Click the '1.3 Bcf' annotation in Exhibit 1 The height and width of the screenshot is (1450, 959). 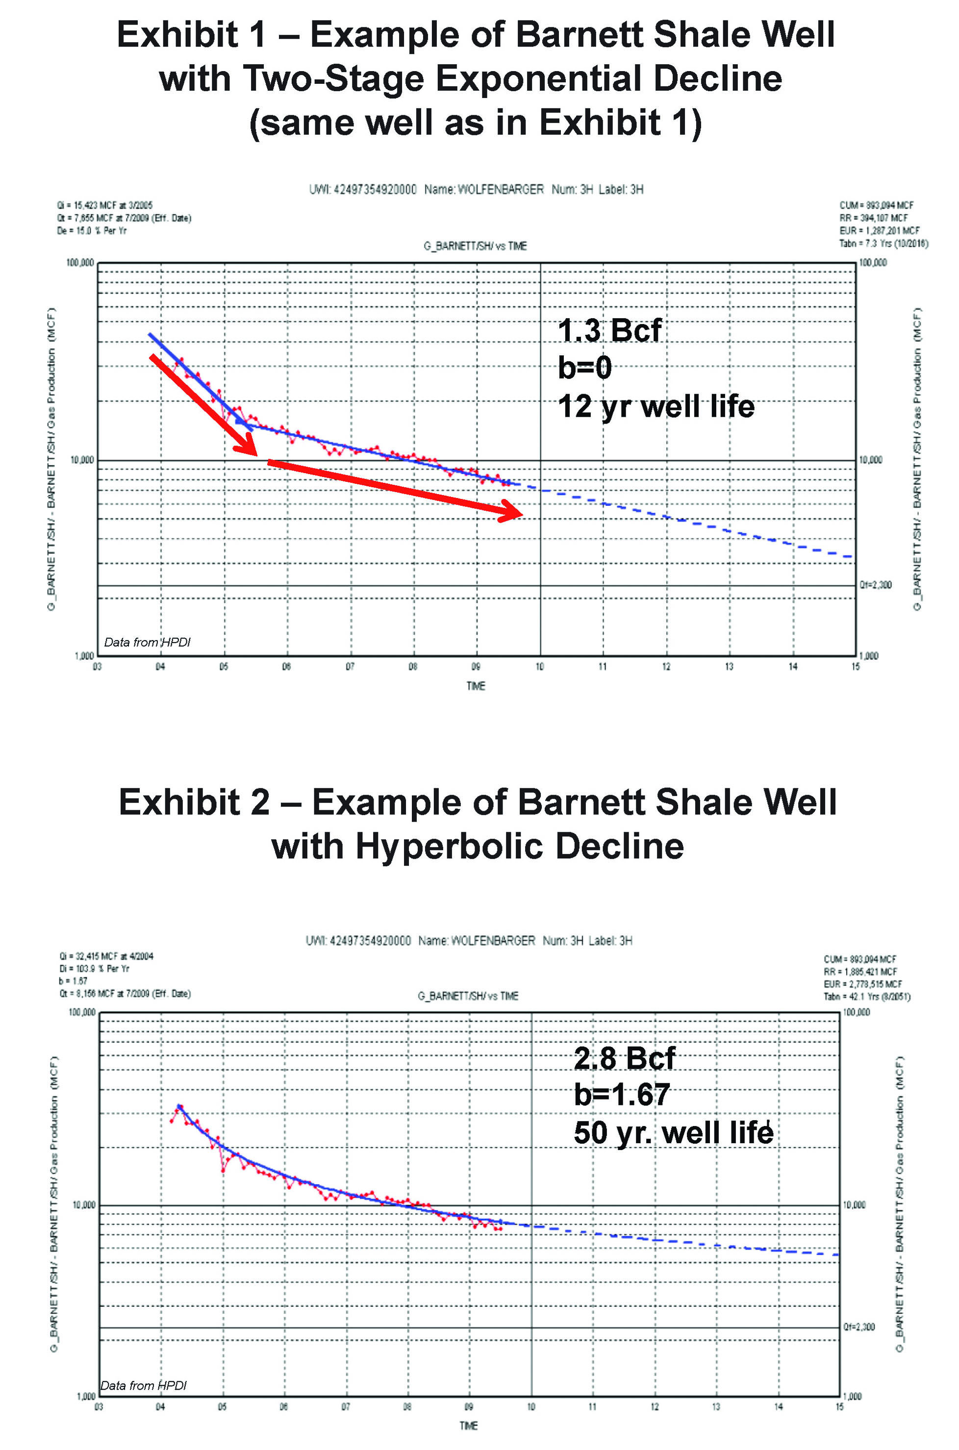609,331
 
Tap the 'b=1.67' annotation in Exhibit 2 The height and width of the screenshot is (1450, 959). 621,1094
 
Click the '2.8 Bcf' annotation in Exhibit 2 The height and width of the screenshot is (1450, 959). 624,1058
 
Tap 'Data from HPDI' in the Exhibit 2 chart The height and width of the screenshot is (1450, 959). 143,1385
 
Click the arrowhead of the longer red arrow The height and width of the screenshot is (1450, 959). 511,511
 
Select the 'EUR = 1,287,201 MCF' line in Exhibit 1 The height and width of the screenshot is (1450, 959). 879,230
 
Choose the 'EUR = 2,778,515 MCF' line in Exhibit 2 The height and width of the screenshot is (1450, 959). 863,984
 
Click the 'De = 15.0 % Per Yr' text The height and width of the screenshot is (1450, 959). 92,230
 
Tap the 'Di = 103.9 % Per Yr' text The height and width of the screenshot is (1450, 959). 94,969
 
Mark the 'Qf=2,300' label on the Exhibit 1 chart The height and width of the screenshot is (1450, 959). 875,585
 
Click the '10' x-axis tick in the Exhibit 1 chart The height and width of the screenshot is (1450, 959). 539,667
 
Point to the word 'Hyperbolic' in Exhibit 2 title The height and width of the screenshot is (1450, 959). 450,847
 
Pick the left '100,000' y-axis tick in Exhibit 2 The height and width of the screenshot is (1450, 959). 82,1013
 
